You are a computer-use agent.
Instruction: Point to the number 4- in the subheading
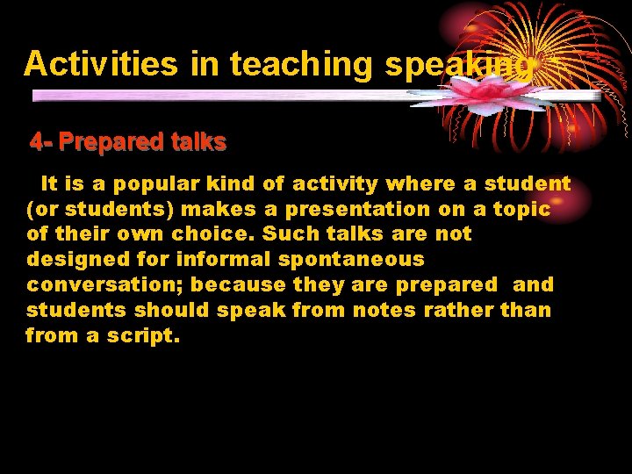tap(41, 141)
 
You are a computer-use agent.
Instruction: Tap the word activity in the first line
tap(334, 184)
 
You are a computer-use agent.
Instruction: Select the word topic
tap(521, 210)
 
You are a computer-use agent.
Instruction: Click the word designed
tap(71, 260)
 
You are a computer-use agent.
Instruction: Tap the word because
tap(238, 285)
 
